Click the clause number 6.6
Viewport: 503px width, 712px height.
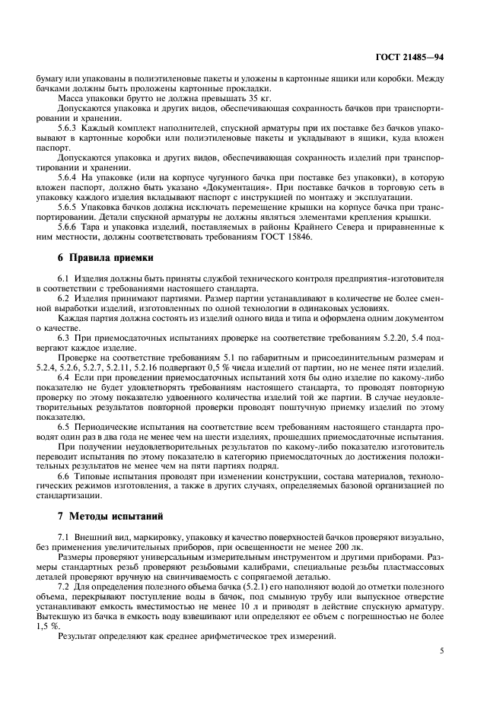[x=65, y=475]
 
